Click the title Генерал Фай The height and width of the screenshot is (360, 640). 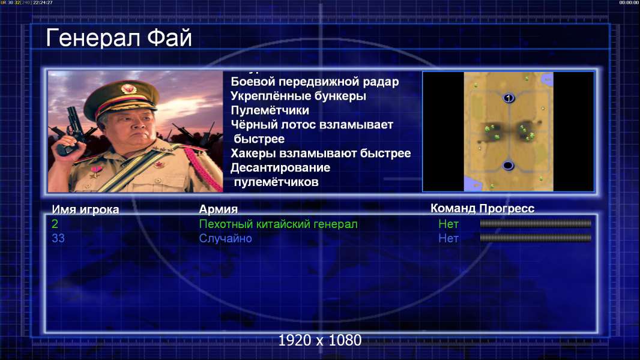pyautogui.click(x=119, y=38)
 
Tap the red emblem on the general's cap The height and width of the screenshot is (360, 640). pyautogui.click(x=128, y=89)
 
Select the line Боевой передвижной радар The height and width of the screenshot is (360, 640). pyautogui.click(x=315, y=82)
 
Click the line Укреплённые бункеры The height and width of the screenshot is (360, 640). pyautogui.click(x=298, y=96)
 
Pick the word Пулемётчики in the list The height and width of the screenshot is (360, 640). pyautogui.click(x=270, y=110)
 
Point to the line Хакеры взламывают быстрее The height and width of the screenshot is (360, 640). pyautogui.click(x=321, y=153)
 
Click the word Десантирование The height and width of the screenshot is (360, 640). pyautogui.click(x=280, y=167)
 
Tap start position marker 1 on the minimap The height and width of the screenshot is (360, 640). pyautogui.click(x=508, y=98)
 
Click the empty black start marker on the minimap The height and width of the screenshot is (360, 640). pyautogui.click(x=508, y=166)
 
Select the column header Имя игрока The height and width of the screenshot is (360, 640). pyautogui.click(x=85, y=209)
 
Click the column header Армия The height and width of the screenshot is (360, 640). pyautogui.click(x=219, y=209)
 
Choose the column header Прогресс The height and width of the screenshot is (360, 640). pyautogui.click(x=507, y=208)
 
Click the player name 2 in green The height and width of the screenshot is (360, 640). pyautogui.click(x=55, y=224)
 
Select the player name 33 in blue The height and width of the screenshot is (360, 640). pyautogui.click(x=58, y=238)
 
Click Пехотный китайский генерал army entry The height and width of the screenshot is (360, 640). pyautogui.click(x=279, y=224)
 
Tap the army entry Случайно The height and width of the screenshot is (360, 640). pyautogui.click(x=225, y=239)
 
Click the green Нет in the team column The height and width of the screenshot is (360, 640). pyautogui.click(x=448, y=224)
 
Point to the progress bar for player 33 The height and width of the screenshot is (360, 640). pyautogui.click(x=536, y=238)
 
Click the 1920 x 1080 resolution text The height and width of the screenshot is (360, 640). pyautogui.click(x=320, y=340)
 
